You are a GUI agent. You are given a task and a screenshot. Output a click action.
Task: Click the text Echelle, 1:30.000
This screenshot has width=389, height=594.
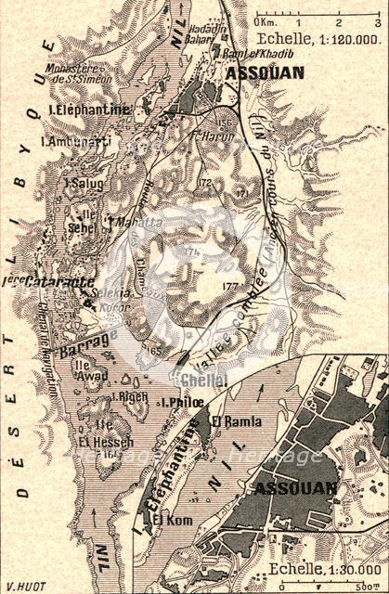320,569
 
